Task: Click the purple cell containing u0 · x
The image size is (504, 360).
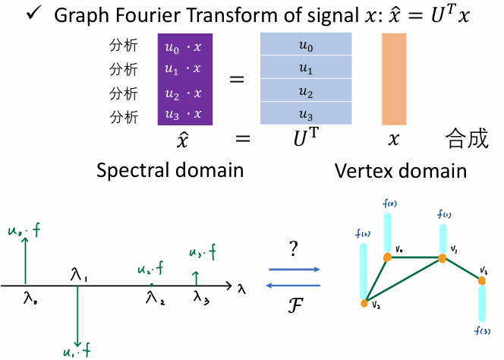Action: pyautogui.click(x=184, y=47)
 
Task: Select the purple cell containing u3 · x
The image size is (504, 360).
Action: pyautogui.click(x=184, y=115)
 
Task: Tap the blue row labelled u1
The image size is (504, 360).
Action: pyautogui.click(x=306, y=69)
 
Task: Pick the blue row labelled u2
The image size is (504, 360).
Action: pyautogui.click(x=306, y=92)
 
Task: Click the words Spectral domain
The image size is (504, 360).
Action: pyautogui.click(x=170, y=169)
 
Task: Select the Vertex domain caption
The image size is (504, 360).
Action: pyautogui.click(x=401, y=169)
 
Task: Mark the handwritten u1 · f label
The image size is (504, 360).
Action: pyautogui.click(x=78, y=350)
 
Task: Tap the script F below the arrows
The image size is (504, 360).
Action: pyautogui.click(x=295, y=306)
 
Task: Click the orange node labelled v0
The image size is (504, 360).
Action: pyautogui.click(x=387, y=257)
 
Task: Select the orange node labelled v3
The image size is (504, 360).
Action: pyautogui.click(x=480, y=280)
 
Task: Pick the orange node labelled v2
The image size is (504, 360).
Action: pyautogui.click(x=364, y=303)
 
